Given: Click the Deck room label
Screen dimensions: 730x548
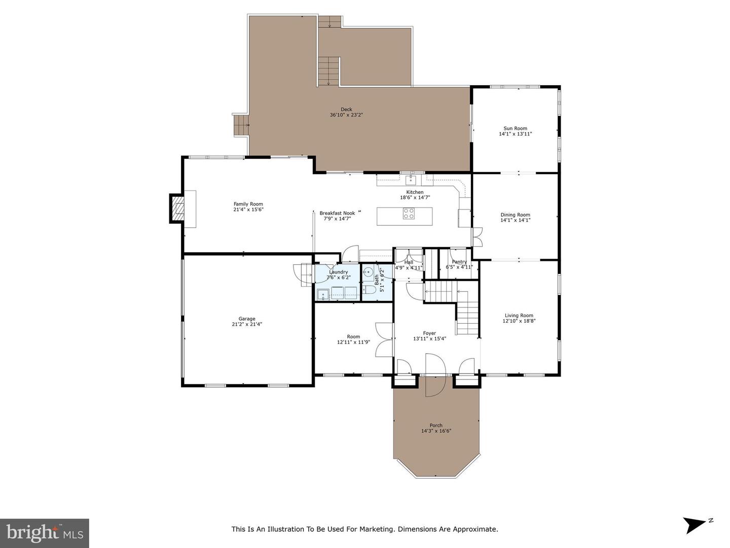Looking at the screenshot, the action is click(346, 109).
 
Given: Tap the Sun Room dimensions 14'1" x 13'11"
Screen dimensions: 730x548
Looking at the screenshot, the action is click(515, 134).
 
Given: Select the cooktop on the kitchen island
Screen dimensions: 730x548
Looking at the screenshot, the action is click(409, 213).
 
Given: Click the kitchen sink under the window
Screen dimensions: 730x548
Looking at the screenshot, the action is click(412, 180).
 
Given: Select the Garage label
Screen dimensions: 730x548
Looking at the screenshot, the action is click(247, 319).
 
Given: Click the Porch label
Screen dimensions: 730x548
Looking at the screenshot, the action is click(435, 425).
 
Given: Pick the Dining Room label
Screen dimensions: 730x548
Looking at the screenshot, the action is click(515, 215).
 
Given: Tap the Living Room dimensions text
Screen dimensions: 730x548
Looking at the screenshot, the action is click(519, 321).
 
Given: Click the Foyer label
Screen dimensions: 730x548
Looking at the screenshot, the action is click(429, 333).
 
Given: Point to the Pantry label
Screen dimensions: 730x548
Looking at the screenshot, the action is click(459, 262).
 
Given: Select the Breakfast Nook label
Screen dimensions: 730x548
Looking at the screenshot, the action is click(337, 213).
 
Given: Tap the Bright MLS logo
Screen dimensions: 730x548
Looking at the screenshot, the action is click(45, 533).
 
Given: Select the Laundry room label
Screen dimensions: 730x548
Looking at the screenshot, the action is click(338, 272).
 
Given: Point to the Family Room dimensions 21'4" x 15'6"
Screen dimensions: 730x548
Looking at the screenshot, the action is click(248, 209).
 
